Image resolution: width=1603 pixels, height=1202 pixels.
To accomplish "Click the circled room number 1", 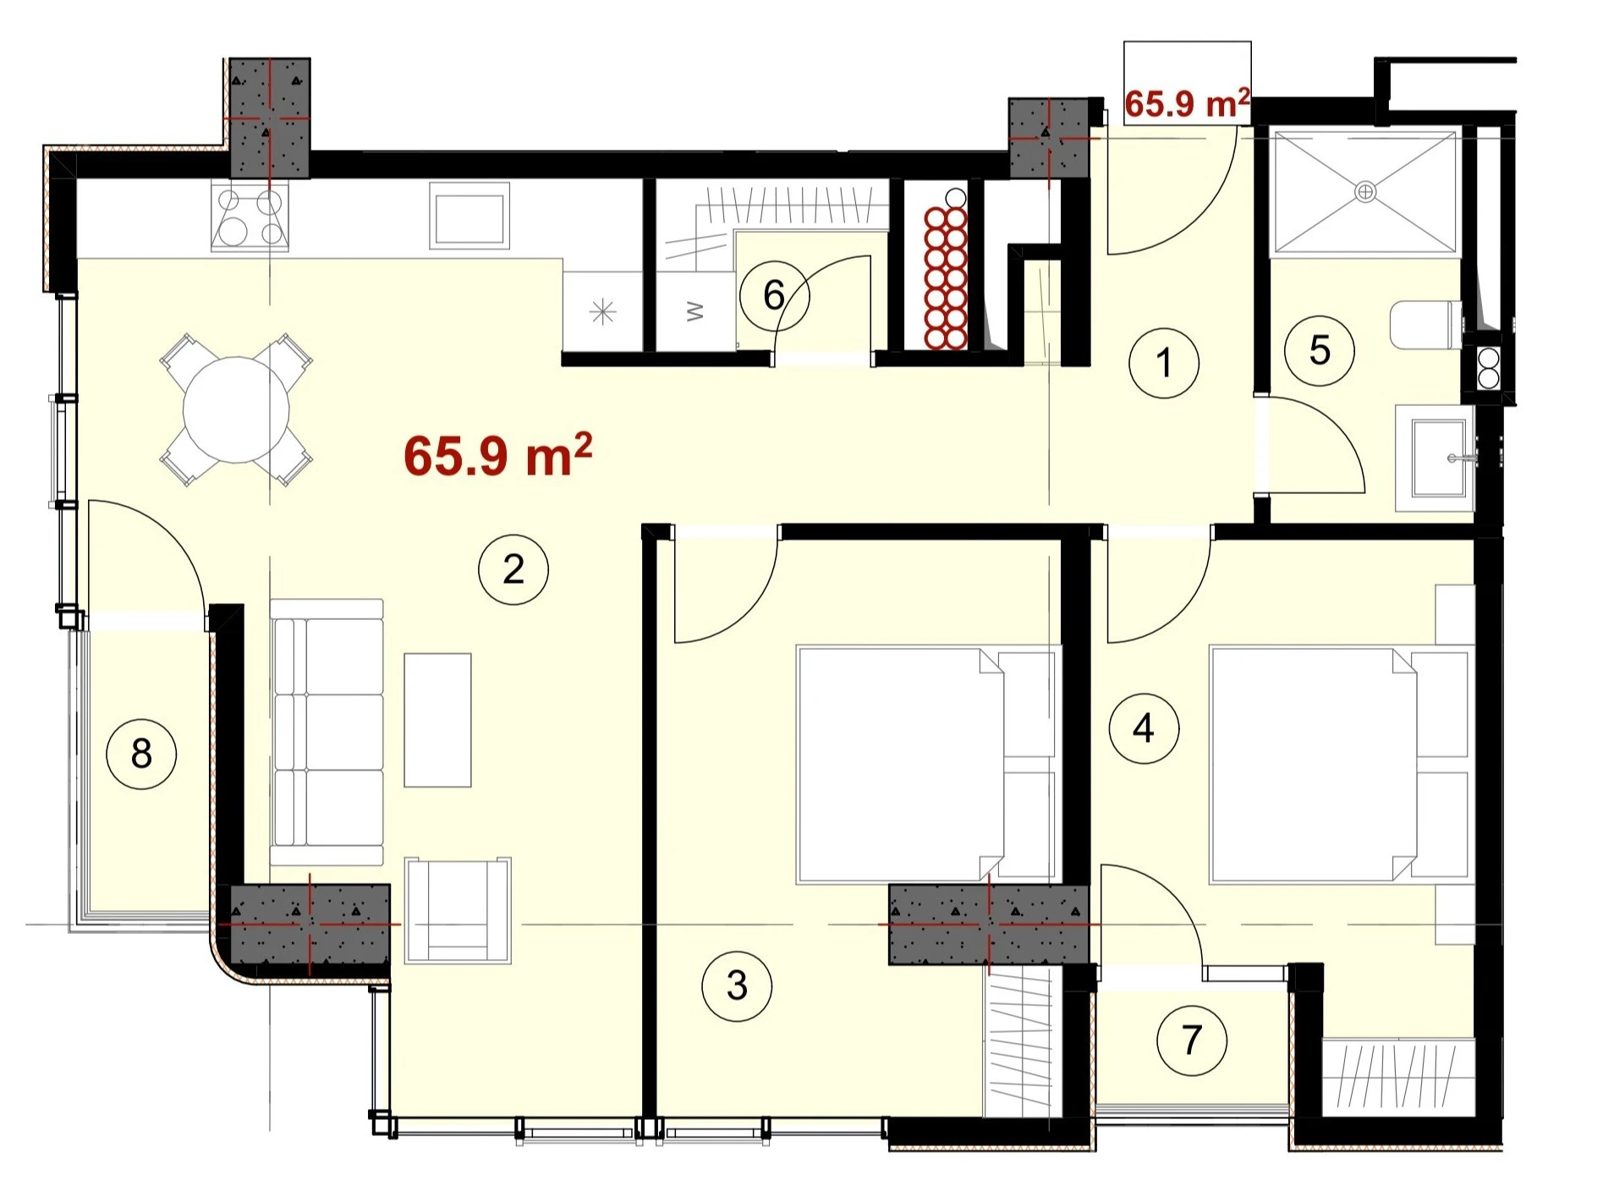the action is coord(1164,363).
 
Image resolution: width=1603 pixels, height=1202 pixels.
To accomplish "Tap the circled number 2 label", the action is coord(513,569).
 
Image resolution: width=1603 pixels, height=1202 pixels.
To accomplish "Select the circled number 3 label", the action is coord(737,985).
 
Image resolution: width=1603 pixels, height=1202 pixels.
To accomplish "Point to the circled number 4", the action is coord(1144,727).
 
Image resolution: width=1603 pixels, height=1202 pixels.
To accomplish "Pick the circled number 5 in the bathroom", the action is coord(1320,350).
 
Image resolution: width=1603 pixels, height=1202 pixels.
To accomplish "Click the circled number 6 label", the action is coord(774,295).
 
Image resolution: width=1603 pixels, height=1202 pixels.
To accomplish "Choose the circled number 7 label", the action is coord(1192,1040).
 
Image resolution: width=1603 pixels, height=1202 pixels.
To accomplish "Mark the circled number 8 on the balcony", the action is coord(141,753).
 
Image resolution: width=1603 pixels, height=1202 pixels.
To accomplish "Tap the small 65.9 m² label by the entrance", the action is coord(1187,102).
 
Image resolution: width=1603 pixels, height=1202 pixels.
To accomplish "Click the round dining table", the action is coord(237,409).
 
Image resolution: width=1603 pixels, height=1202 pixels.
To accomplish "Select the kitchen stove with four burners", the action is coord(250,217).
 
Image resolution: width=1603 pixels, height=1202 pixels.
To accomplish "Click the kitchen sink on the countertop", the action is coord(469,216).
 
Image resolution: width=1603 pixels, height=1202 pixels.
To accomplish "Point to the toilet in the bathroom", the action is coord(1426,325).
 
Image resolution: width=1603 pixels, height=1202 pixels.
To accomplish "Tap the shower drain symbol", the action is coord(1365,192).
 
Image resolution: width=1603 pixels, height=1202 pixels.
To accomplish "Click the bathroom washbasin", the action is coord(1436,458).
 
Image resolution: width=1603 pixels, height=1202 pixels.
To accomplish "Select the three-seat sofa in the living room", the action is coord(327,733).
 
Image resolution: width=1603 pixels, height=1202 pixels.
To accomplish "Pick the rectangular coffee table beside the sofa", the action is coord(437,720).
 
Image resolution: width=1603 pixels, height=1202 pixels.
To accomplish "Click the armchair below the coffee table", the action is coord(458,911).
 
